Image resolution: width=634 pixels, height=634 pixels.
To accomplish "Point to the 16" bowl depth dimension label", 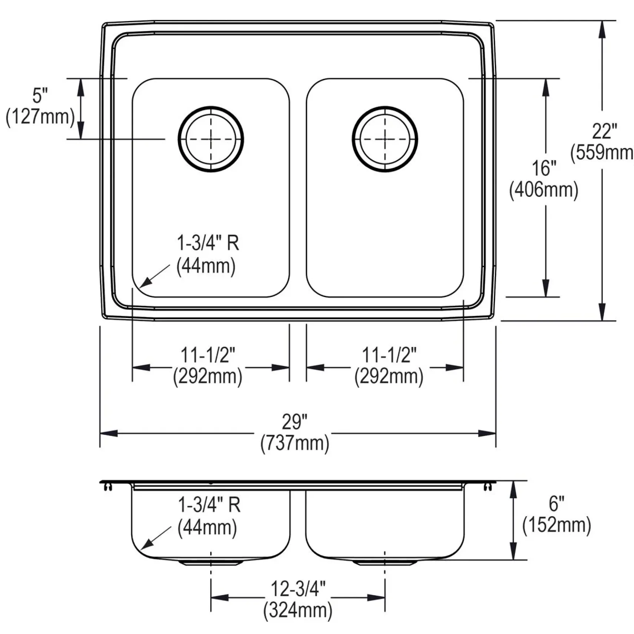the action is tap(544, 168).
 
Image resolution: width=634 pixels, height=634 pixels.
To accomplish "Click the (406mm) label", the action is tap(544, 190).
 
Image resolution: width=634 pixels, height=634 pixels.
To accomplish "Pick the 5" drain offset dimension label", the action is tap(40, 96).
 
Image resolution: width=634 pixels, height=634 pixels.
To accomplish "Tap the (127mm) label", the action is tap(40, 117).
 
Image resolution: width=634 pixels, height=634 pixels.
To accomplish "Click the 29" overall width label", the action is tap(295, 422).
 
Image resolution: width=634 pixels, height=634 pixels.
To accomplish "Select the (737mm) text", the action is tap(295, 443).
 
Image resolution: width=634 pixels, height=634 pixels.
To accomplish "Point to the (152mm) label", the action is tap(557, 525).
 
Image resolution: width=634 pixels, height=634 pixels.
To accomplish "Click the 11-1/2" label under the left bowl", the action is tap(208, 355).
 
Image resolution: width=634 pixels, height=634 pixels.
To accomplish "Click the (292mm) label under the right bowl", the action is tap(389, 377).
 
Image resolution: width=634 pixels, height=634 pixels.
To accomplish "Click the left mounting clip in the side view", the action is tap(108, 486).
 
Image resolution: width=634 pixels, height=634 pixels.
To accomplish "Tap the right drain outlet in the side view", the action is tap(384, 562).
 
